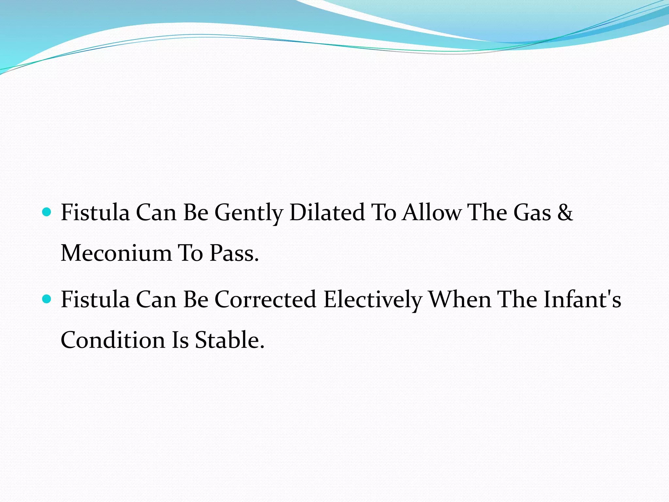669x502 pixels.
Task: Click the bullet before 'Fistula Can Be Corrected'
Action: [47, 299]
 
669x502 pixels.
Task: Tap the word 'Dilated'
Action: [327, 212]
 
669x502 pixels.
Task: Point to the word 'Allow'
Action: [432, 212]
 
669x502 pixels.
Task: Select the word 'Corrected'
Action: [266, 299]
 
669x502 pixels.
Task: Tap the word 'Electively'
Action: [373, 300]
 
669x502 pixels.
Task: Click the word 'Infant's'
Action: [582, 299]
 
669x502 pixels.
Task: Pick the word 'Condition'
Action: [113, 340]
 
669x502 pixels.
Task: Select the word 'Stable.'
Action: [230, 340]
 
